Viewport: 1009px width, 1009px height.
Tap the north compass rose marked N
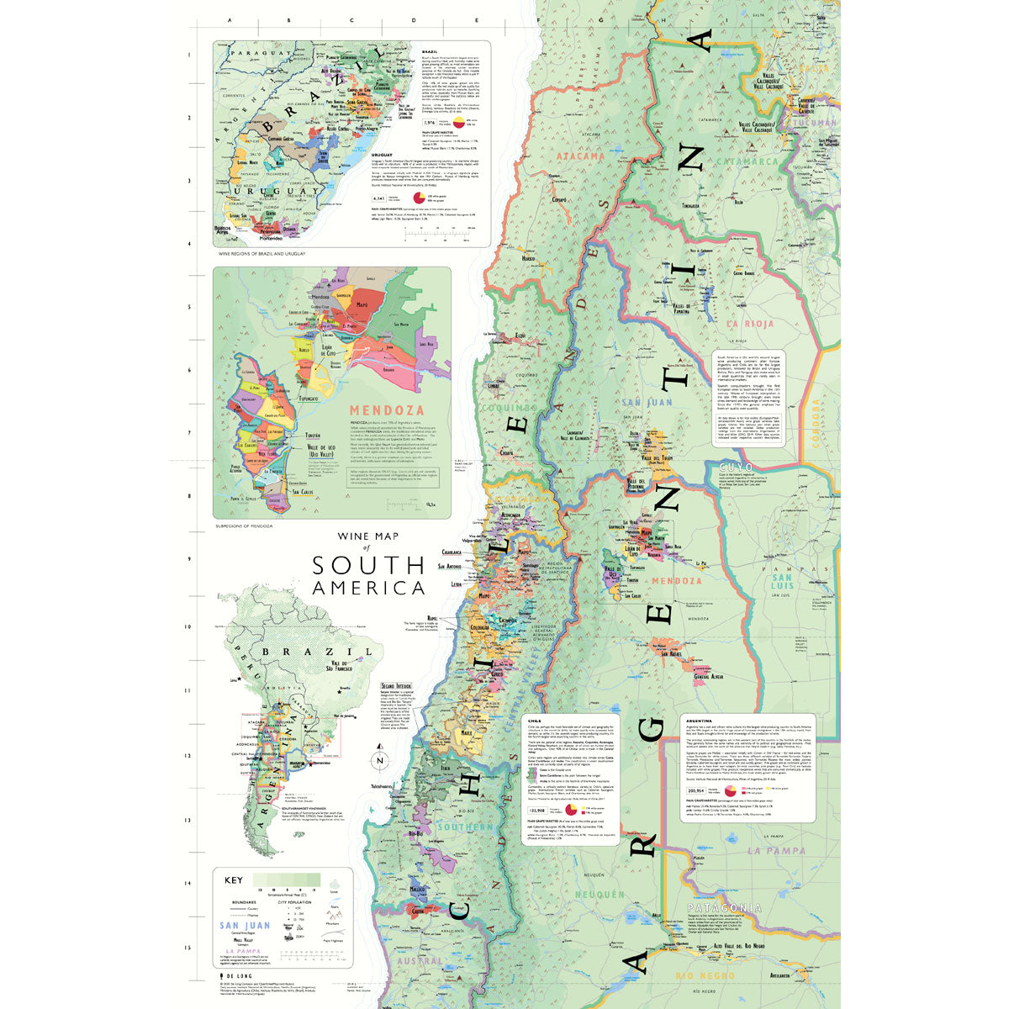point(380,761)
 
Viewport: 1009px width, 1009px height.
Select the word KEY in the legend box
point(234,880)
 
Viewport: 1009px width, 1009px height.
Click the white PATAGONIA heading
point(724,908)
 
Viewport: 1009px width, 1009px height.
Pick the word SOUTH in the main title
point(368,565)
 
